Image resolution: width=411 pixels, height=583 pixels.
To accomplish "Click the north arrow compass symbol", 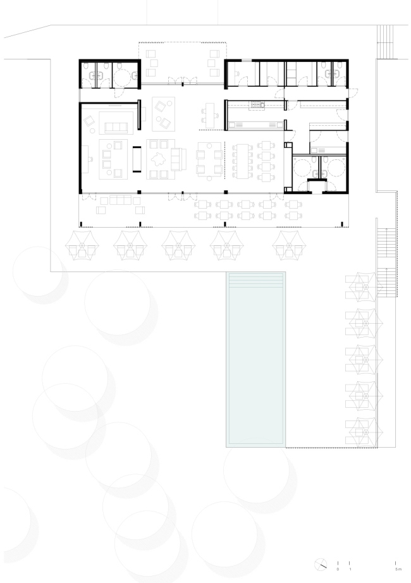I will point(322,565).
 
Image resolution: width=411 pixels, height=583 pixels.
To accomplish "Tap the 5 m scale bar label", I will point(396,569).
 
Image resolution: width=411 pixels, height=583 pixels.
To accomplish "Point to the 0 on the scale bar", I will point(338,569).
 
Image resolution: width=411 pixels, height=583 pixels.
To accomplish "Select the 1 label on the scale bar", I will point(350,569).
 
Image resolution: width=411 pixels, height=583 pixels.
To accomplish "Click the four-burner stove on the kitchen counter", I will point(257,104).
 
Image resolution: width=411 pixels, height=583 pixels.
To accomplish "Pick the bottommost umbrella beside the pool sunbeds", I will point(360,430).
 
